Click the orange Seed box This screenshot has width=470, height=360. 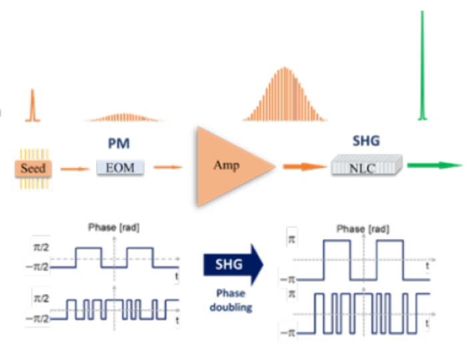point(33,167)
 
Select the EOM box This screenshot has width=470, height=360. point(120,167)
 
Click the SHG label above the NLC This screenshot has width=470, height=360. point(367,141)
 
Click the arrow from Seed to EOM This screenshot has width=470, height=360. point(74,168)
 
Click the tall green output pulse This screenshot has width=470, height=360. point(421,67)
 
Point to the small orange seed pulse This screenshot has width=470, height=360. point(31,107)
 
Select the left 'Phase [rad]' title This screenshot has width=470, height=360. point(115,228)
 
